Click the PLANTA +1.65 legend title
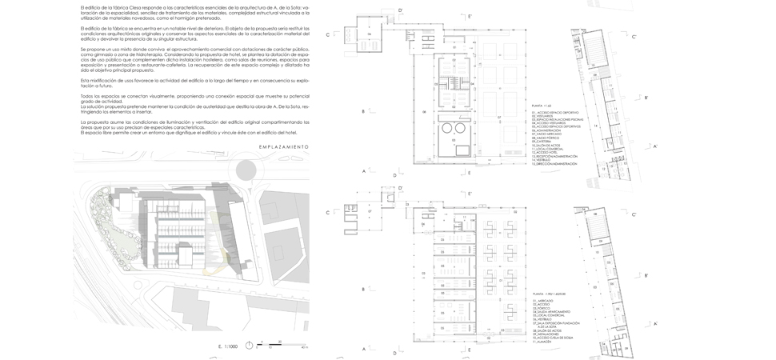click(542, 106)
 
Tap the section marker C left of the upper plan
click(328, 34)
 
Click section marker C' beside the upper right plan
click(634, 37)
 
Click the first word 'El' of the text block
click(83, 7)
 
